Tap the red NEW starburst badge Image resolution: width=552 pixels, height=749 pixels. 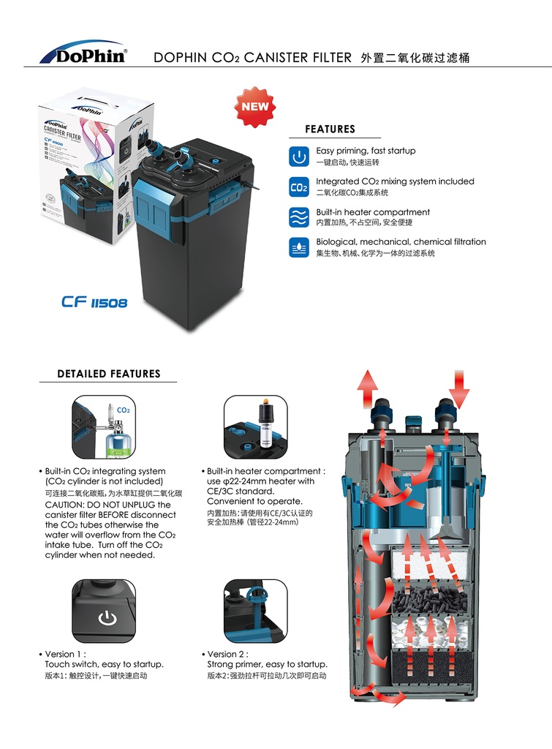(x=255, y=106)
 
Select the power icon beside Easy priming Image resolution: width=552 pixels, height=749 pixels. (x=298, y=156)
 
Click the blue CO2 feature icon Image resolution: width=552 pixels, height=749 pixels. (x=298, y=187)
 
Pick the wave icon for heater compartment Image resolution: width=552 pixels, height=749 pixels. (x=298, y=218)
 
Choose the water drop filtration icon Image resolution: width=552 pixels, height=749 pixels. (x=298, y=247)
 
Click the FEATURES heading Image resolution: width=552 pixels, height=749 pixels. (x=330, y=129)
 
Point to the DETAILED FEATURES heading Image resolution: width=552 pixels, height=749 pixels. (x=108, y=374)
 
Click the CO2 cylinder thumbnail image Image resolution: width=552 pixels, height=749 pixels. (x=103, y=427)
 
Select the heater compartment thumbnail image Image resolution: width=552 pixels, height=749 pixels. (x=255, y=427)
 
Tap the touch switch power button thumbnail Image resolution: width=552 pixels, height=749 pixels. (x=103, y=611)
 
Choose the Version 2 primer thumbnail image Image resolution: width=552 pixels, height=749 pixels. (x=255, y=611)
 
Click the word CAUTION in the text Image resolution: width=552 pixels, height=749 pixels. (x=68, y=505)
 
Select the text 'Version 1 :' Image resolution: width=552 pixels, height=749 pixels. (x=66, y=654)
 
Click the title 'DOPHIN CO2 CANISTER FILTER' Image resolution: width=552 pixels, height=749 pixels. (x=252, y=57)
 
